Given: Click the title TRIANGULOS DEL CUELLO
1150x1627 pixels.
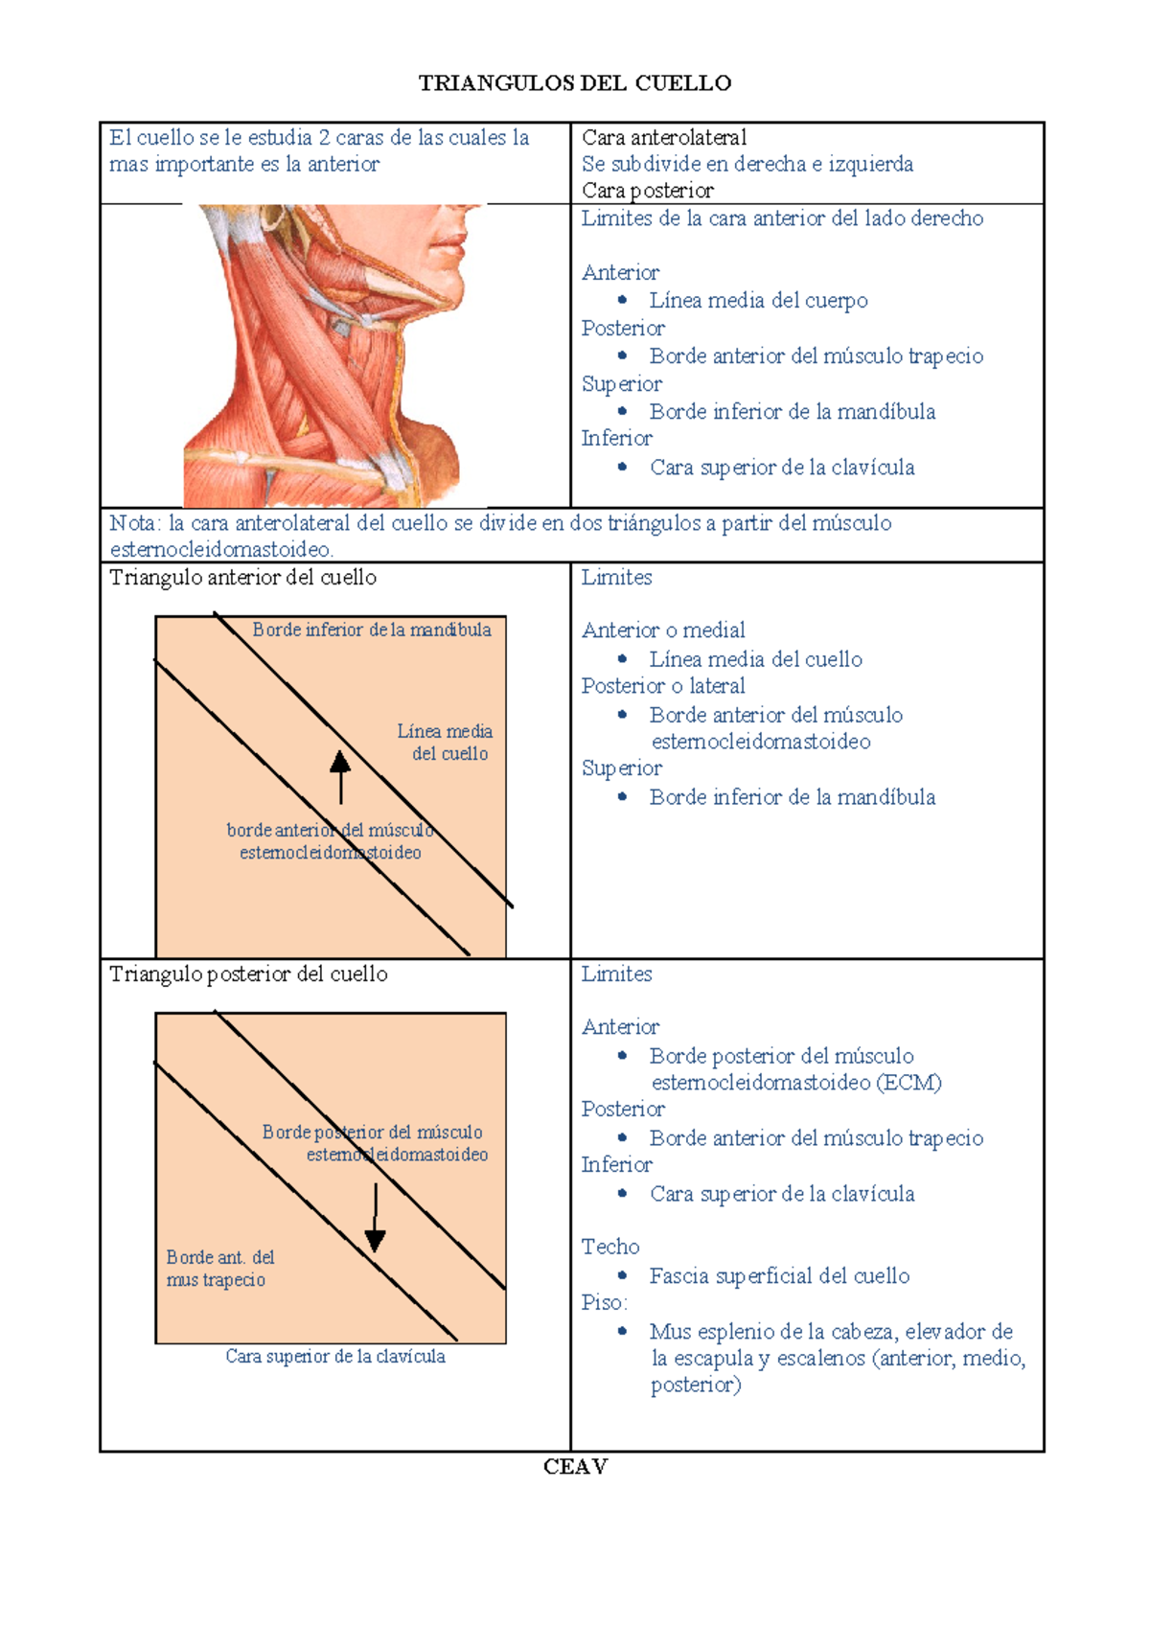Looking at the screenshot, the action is click(x=575, y=83).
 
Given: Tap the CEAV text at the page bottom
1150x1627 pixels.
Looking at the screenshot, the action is click(x=575, y=1466).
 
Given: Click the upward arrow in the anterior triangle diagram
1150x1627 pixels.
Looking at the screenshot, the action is click(x=340, y=776).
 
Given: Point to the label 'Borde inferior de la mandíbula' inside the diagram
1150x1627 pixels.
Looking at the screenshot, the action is click(x=372, y=630).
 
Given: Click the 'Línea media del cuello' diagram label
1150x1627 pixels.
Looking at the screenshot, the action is click(x=446, y=743).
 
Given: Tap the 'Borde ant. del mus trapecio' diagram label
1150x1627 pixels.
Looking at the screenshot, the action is click(x=219, y=1268).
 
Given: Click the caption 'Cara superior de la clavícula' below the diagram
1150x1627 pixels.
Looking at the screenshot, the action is click(x=335, y=1356).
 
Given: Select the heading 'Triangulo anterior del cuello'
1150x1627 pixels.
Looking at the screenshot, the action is click(x=242, y=578).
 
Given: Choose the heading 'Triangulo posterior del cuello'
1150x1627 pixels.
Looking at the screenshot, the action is click(x=248, y=974).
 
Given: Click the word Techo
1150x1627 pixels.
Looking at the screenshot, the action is click(x=610, y=1247).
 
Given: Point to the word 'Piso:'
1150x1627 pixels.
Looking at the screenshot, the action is click(x=605, y=1302).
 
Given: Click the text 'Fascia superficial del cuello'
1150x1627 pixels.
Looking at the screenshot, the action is click(x=779, y=1275).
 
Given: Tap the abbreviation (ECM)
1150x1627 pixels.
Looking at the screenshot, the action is click(x=908, y=1082).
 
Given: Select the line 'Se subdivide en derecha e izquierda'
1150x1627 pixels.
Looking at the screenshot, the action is click(x=747, y=164).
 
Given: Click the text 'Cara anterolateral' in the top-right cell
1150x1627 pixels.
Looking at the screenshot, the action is click(x=664, y=137).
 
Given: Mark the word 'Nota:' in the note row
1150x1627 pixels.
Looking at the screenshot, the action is click(x=133, y=523).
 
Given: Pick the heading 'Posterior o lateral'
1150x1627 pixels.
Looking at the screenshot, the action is click(x=663, y=686).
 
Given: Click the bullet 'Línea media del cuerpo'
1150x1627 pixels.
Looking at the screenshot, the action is click(x=758, y=301).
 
